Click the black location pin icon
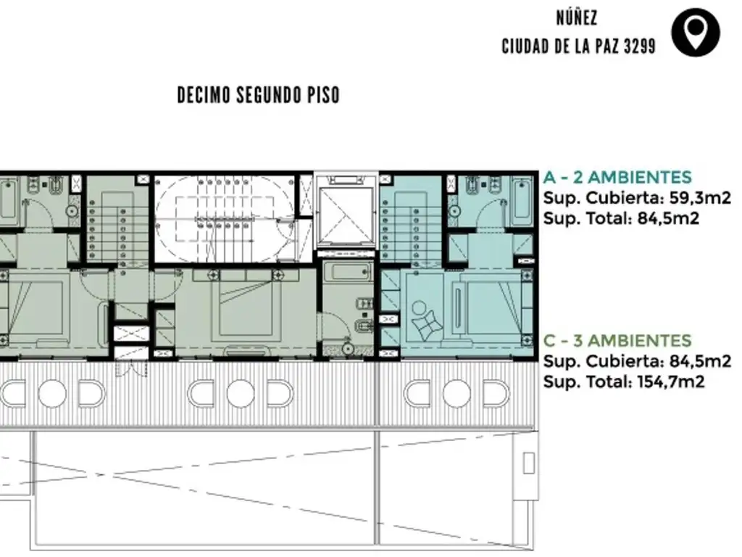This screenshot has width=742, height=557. point(695,32)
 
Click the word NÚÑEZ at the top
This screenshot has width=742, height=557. point(576,18)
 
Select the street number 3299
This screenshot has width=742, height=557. point(640,46)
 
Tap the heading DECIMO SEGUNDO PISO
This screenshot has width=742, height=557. point(259,95)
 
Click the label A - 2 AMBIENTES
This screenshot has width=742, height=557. point(617,177)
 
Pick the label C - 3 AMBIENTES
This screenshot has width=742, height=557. point(617,341)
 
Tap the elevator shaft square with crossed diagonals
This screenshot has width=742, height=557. point(346,215)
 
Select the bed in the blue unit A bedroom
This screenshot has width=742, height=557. point(492,308)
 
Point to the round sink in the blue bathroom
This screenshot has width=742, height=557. point(454,211)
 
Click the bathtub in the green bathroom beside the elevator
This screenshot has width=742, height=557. point(348,272)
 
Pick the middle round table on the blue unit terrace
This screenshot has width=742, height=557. point(457,394)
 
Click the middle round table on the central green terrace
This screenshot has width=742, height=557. point(241,394)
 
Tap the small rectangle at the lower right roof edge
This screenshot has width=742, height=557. point(528,463)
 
